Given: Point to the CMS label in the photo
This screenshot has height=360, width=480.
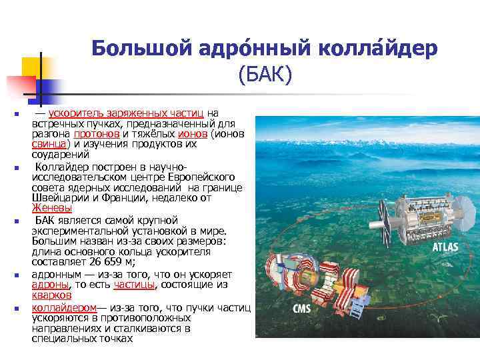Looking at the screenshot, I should pyautogui.click(x=302, y=309).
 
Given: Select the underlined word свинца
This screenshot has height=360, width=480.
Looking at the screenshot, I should pyautogui.click(x=48, y=143).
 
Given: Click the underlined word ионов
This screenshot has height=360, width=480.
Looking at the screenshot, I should pyautogui.click(x=192, y=134).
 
